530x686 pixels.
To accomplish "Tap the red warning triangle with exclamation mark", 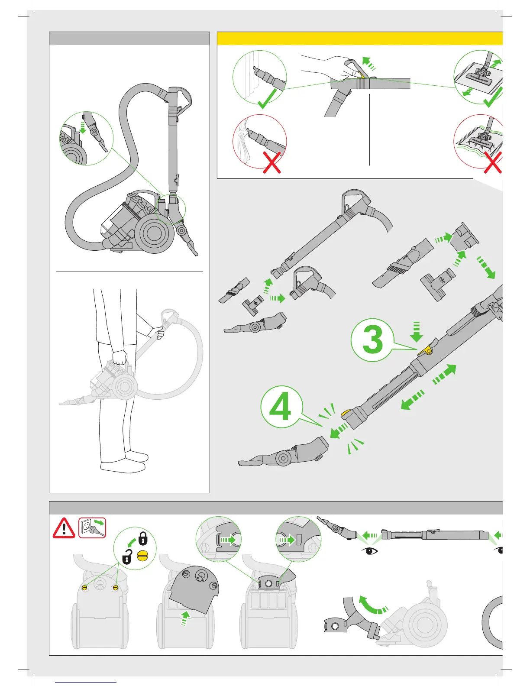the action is tap(64, 528).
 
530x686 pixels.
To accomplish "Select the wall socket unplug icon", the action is tap(92, 528).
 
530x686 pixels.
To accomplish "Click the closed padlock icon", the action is tap(143, 538).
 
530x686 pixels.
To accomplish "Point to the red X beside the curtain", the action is tap(272, 162).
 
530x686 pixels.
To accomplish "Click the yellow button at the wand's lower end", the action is tap(346, 414).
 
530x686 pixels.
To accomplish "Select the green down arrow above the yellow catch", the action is tap(417, 332).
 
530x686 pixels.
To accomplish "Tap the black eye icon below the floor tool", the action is tap(369, 551).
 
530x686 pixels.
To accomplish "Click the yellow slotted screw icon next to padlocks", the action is tap(142, 556).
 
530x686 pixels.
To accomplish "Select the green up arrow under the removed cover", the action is tap(185, 618).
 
